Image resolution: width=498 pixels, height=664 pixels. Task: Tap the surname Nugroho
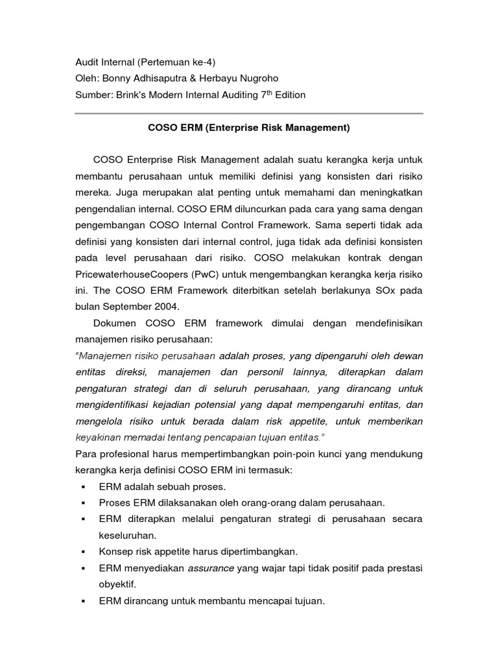(256, 78)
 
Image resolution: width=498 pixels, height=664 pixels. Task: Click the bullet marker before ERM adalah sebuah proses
(84, 486)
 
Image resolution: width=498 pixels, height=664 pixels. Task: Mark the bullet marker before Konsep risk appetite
(84, 552)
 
